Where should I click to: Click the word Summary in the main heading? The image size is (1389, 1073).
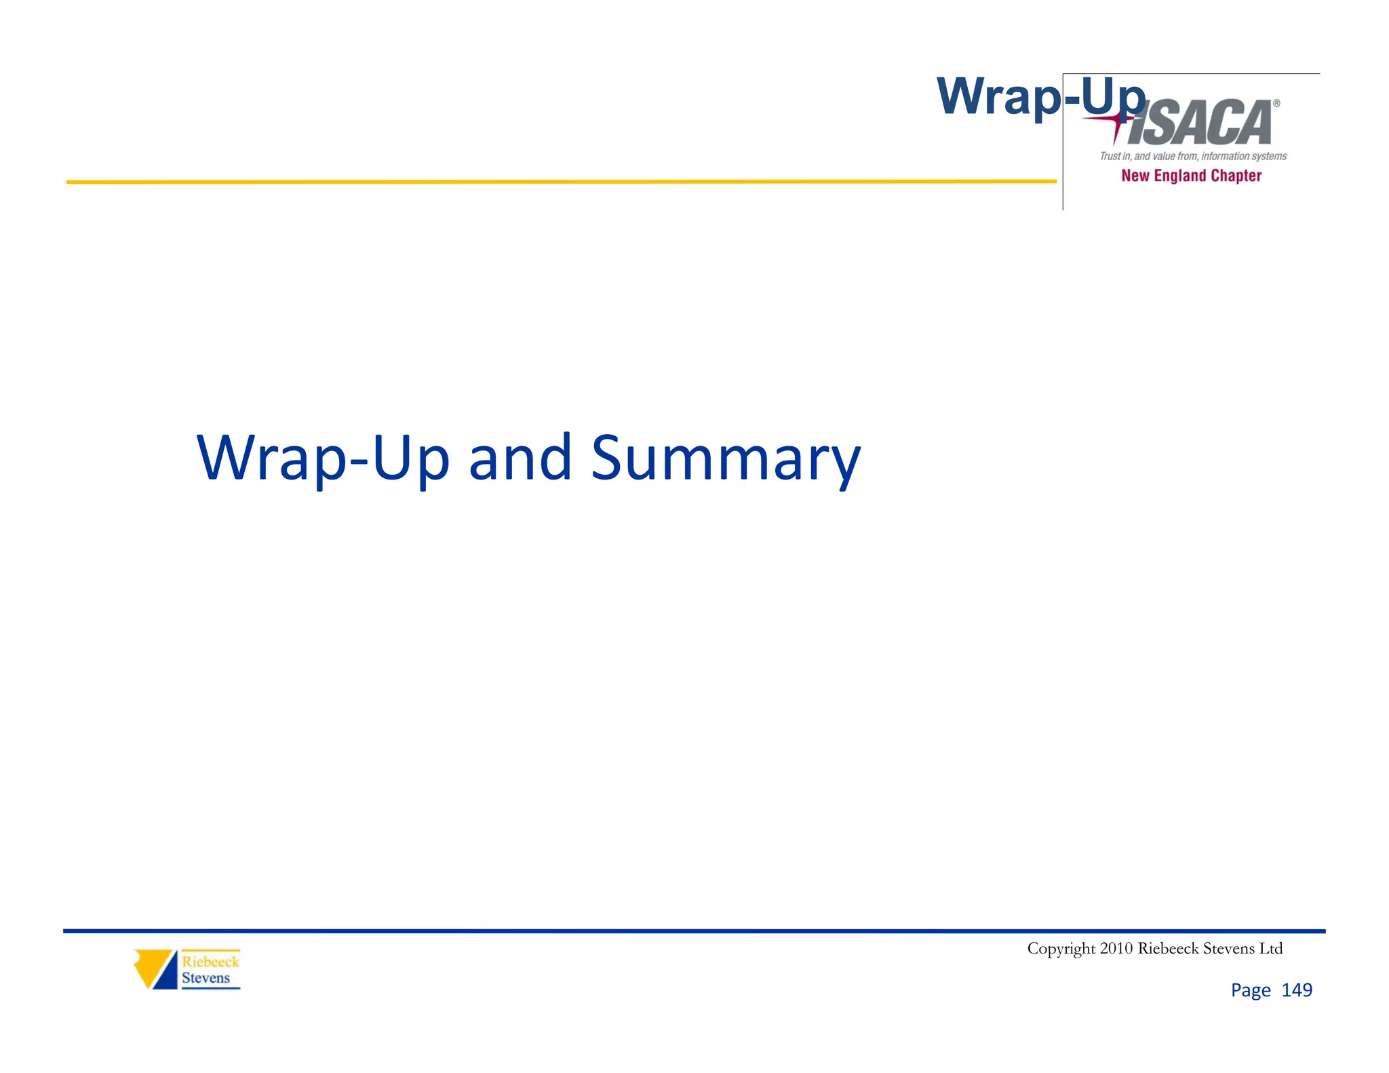tap(725, 459)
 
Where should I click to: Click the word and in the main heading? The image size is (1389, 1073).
tap(520, 459)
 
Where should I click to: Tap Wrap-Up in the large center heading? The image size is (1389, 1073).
tap(323, 459)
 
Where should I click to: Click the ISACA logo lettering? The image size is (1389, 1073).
tap(1200, 124)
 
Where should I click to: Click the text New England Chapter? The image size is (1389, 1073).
tap(1191, 176)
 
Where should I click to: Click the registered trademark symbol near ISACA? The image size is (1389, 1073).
tap(1276, 104)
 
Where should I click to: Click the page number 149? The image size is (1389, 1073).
tap(1297, 990)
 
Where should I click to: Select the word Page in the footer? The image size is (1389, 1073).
tap(1250, 991)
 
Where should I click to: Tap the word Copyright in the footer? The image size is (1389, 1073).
tap(1061, 948)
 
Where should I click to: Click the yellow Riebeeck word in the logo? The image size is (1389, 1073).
tap(210, 962)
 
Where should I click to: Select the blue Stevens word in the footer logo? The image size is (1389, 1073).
tap(206, 978)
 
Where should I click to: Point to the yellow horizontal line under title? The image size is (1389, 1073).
tap(543, 182)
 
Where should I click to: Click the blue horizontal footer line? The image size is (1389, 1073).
tap(678, 931)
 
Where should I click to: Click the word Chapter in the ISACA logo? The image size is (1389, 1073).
tap(1236, 176)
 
